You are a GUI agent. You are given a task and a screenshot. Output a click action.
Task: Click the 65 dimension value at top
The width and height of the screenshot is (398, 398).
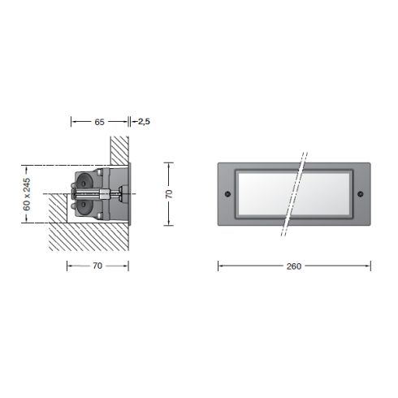pyautogui.click(x=99, y=121)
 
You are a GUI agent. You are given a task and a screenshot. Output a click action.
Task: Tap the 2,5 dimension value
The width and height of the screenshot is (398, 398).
pyautogui.click(x=144, y=121)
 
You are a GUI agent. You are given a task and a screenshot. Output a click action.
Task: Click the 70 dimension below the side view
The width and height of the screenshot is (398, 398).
pyautogui.click(x=97, y=265)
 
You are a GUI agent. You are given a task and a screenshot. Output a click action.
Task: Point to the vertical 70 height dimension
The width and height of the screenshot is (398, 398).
pyautogui.click(x=169, y=194)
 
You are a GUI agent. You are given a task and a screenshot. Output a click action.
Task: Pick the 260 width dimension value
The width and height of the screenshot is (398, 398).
pyautogui.click(x=295, y=266)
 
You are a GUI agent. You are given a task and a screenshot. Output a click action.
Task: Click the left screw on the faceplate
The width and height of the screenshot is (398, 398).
pyautogui.click(x=228, y=193)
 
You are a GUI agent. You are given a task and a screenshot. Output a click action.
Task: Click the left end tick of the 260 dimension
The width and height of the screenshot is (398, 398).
pyautogui.click(x=218, y=266)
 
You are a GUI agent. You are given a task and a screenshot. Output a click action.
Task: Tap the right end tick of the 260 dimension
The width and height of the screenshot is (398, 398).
pyautogui.click(x=370, y=266)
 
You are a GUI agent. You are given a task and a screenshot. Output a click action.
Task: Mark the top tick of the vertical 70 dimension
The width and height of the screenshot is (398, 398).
pyautogui.click(x=169, y=163)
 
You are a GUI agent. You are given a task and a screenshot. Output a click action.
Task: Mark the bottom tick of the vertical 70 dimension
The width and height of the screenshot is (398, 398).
pyautogui.click(x=169, y=224)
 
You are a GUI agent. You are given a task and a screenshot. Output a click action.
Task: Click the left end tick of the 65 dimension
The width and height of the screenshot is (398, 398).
pyautogui.click(x=71, y=121)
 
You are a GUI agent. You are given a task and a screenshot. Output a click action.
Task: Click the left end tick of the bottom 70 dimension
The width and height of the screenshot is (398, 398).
pyautogui.click(x=67, y=265)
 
